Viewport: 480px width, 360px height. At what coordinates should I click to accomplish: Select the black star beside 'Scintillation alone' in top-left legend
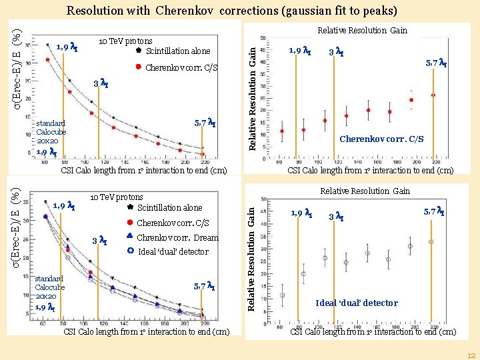[x=138, y=51]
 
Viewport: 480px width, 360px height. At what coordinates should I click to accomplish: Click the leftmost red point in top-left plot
[x=47, y=59]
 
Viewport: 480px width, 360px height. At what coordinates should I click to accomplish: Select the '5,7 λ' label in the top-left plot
[x=204, y=123]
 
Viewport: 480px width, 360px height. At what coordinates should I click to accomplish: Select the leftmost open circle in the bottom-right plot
[x=282, y=295]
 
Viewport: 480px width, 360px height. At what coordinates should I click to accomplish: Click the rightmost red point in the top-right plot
[x=433, y=95]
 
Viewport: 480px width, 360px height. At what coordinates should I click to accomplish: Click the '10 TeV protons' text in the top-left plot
[x=125, y=41]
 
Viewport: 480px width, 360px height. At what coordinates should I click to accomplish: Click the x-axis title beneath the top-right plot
[x=370, y=171]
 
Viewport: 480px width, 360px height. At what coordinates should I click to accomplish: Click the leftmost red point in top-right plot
[x=282, y=131]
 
